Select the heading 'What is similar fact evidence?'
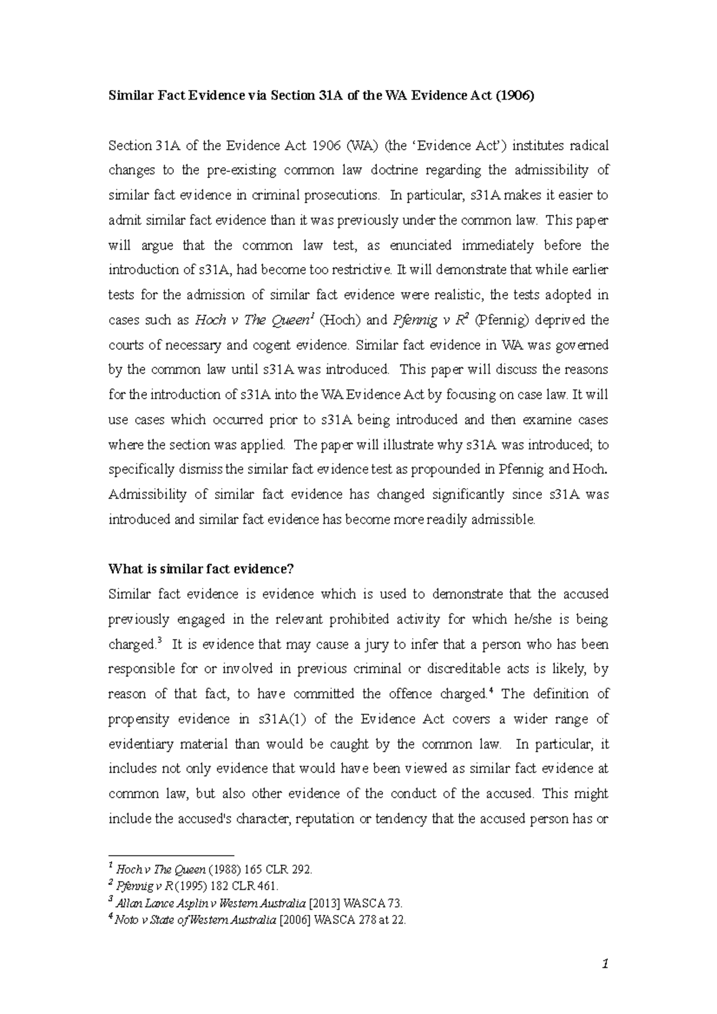pyautogui.click(x=201, y=569)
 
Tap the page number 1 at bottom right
pyautogui.click(x=605, y=963)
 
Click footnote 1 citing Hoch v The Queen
pyautogui.click(x=210, y=870)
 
